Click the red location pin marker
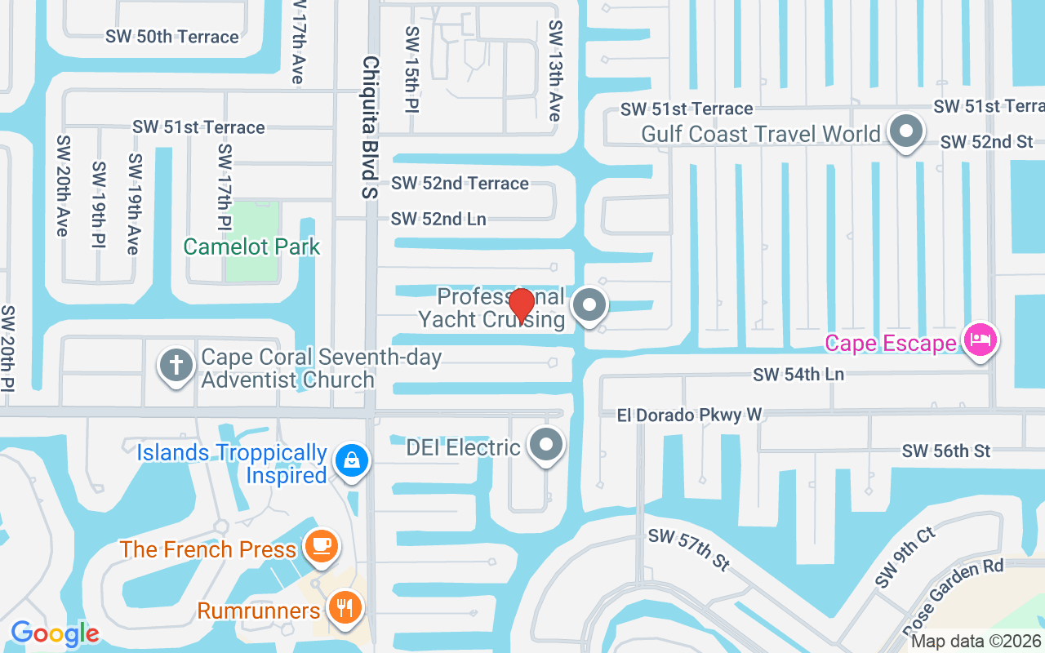[521, 305]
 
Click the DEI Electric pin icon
[546, 446]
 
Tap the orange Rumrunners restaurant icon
[344, 608]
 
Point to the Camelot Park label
[251, 247]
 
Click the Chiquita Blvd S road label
[371, 127]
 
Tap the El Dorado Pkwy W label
[689, 415]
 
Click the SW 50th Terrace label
[172, 37]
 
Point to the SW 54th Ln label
[798, 374]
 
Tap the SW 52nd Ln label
[438, 219]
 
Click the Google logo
[55, 633]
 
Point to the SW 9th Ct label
[906, 557]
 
